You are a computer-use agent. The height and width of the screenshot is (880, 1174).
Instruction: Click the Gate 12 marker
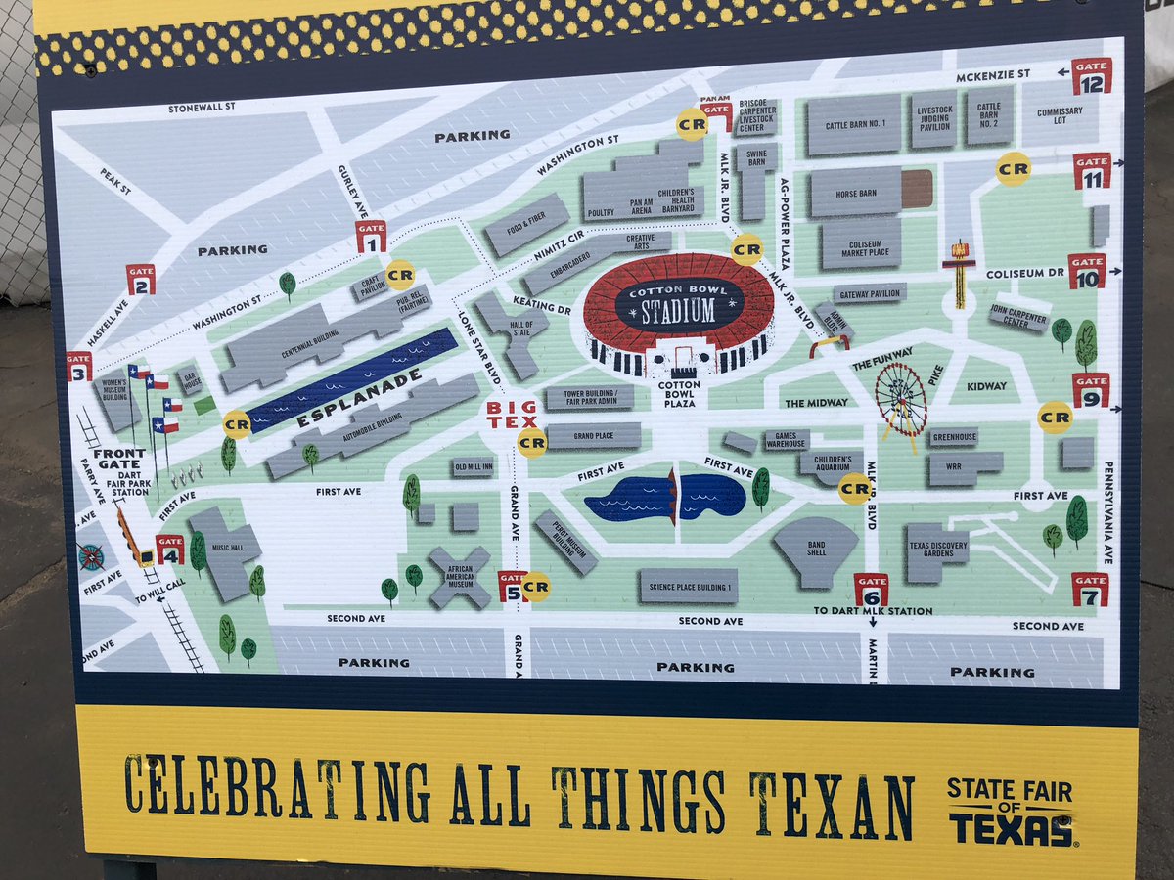pos(1091,76)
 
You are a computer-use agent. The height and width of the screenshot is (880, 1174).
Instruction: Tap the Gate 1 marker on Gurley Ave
pos(370,237)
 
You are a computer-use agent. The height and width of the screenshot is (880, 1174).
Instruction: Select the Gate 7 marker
pos(1090,590)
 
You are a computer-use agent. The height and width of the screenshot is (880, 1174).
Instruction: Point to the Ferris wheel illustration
pos(900,400)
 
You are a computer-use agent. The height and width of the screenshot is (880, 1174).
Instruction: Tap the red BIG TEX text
pos(512,414)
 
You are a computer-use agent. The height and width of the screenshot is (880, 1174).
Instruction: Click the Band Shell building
pos(816,550)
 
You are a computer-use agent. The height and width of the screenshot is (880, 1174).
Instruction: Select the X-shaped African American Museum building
pos(459,576)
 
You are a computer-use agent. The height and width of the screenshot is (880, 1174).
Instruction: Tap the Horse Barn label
pos(855,194)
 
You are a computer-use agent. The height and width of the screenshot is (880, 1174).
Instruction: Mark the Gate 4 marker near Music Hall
pos(169,549)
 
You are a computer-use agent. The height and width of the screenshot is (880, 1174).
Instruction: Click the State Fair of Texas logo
pos(1010,812)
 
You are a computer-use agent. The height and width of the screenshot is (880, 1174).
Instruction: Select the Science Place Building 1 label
pos(688,586)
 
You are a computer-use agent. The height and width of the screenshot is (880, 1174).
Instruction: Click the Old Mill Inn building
pos(473,467)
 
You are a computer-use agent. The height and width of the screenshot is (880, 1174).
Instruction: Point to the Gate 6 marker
pos(871,589)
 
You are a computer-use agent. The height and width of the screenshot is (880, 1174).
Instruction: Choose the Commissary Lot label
pos(1061,116)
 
